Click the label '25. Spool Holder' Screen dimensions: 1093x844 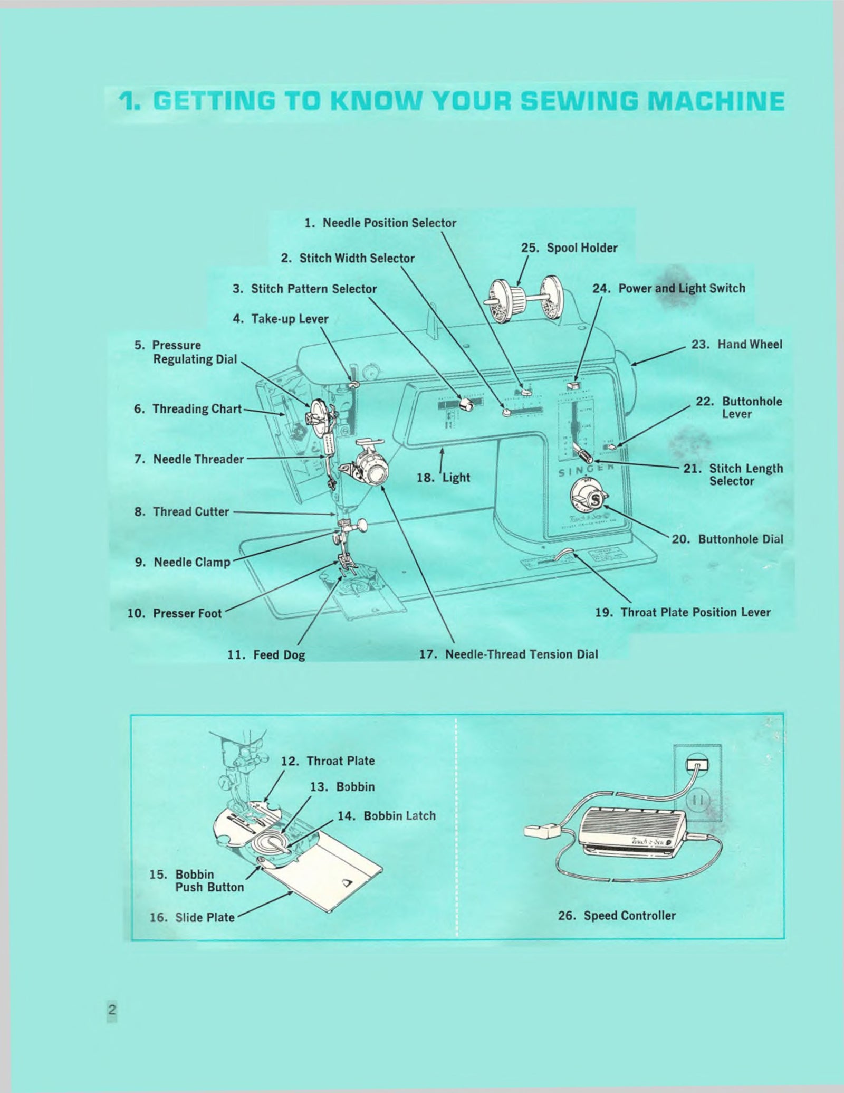569,248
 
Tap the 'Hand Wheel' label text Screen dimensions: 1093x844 750,345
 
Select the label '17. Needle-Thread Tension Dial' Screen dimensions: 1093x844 509,654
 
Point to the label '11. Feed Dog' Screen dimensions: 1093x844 266,655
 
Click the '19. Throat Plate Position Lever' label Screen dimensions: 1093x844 683,612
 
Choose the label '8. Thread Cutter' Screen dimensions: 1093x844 182,511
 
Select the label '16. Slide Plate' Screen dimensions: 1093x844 192,917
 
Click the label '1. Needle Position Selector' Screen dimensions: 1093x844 380,223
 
